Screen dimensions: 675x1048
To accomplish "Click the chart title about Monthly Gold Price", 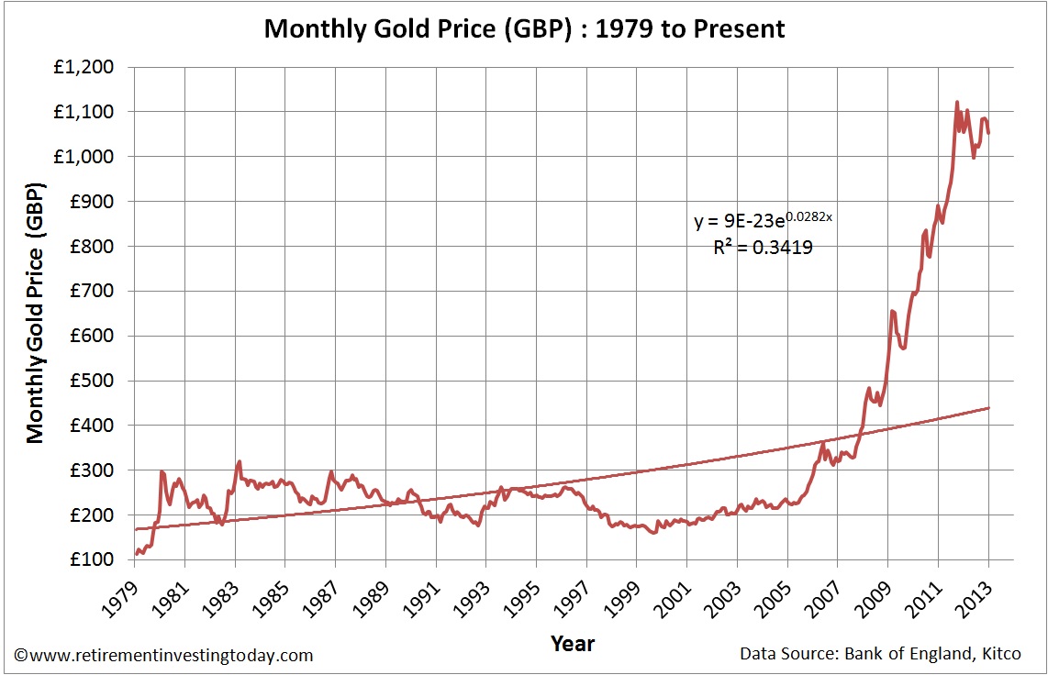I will pyautogui.click(x=524, y=28).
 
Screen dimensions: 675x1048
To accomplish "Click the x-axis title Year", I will pyautogui.click(x=573, y=644).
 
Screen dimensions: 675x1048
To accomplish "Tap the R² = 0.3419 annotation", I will pyautogui.click(x=763, y=247).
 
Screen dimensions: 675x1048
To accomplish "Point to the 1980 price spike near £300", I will pyautogui.click(x=162, y=472).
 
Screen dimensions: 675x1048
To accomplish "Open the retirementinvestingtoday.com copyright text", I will pyautogui.click(x=164, y=655).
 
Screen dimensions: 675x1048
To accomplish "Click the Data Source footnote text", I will pyautogui.click(x=885, y=655).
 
